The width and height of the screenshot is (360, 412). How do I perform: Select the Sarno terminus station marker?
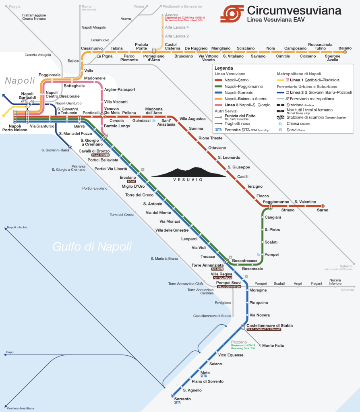(323, 206)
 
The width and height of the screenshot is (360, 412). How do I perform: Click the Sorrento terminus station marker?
(173, 395)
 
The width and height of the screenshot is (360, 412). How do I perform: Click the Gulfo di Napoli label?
(92, 246)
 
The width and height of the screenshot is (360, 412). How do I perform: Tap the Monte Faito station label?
(273, 346)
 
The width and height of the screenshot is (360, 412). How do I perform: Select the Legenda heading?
(224, 68)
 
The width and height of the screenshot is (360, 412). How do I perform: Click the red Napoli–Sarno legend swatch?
(218, 80)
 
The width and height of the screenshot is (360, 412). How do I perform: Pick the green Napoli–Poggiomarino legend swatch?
(218, 86)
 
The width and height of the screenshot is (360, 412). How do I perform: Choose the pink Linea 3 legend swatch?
(218, 105)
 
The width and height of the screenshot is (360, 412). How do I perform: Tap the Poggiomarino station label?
(276, 201)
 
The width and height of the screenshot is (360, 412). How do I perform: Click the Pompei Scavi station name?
(229, 283)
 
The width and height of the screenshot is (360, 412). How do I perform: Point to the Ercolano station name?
(128, 177)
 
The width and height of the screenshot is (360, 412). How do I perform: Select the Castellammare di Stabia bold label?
(269, 325)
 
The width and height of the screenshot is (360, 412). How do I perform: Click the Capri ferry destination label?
(10, 352)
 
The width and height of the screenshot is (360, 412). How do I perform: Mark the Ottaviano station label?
(217, 148)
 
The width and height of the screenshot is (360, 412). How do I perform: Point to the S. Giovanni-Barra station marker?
(70, 148)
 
